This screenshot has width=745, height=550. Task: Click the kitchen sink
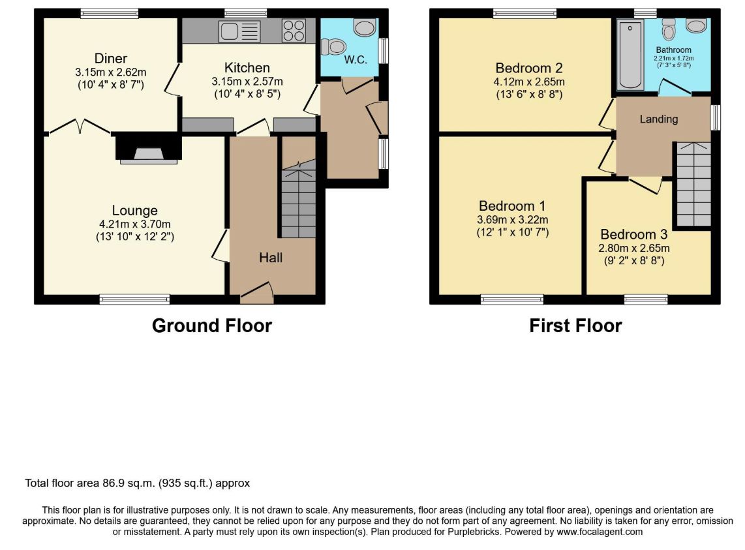pyautogui.click(x=239, y=31)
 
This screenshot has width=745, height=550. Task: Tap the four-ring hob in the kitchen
pyautogui.click(x=294, y=31)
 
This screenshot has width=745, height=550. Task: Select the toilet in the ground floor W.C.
pyautogui.click(x=333, y=47)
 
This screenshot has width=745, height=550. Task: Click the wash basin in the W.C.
pyautogui.click(x=365, y=27)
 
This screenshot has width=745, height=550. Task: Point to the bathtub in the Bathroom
pyautogui.click(x=630, y=55)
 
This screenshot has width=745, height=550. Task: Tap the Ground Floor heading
pyautogui.click(x=212, y=326)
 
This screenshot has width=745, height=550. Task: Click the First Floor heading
pyautogui.click(x=575, y=326)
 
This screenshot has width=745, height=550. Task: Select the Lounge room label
pyautogui.click(x=135, y=211)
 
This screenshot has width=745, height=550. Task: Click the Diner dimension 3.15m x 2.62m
pyautogui.click(x=111, y=72)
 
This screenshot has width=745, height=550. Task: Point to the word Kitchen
pyautogui.click(x=247, y=67)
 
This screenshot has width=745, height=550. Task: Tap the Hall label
pyautogui.click(x=271, y=258)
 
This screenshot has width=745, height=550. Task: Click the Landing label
pyautogui.click(x=658, y=119)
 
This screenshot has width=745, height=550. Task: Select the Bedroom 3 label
pyautogui.click(x=634, y=234)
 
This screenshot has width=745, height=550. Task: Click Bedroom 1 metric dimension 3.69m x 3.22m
pyautogui.click(x=513, y=220)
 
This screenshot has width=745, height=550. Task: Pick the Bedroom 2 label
pyautogui.click(x=529, y=68)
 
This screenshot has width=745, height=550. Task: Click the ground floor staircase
pyautogui.click(x=299, y=200)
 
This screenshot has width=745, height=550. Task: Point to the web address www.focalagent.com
pyautogui.click(x=600, y=532)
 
